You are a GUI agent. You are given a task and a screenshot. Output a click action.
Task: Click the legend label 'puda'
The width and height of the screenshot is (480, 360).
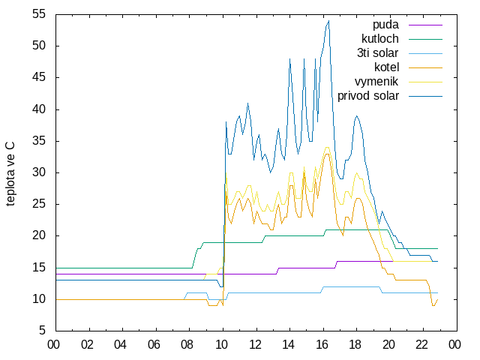[x=385, y=25]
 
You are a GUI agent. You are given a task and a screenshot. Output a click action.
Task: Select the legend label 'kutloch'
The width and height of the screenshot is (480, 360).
[x=380, y=39]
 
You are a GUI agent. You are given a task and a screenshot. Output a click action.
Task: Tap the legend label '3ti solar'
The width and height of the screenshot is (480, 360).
[x=377, y=53]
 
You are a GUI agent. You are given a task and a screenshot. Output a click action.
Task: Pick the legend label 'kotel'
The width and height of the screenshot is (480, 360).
[x=387, y=67]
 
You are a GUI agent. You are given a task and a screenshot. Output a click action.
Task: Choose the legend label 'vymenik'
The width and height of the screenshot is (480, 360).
[x=376, y=82]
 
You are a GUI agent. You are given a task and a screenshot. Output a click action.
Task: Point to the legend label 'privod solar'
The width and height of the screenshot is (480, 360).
[x=368, y=96]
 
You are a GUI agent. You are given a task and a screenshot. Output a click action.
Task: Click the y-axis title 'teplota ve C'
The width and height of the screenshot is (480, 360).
[x=10, y=174]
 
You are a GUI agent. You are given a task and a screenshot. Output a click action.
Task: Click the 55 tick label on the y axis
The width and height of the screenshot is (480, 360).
[x=39, y=14]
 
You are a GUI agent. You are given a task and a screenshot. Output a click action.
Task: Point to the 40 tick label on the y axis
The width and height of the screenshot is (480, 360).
[x=39, y=109]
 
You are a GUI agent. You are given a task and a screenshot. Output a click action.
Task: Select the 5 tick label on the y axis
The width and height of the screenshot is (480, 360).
[x=42, y=331]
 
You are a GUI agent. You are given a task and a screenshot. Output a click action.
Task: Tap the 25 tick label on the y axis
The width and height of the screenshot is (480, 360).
[x=39, y=204]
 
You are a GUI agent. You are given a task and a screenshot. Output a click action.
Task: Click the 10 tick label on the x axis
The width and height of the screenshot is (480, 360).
[x=221, y=345]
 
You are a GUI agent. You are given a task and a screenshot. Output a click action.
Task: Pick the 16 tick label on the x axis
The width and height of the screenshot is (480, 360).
[x=322, y=345]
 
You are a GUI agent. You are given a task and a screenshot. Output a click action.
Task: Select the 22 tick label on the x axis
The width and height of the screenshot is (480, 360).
[x=421, y=345]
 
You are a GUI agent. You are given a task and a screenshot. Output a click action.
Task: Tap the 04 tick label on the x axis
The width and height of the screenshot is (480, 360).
[x=120, y=345]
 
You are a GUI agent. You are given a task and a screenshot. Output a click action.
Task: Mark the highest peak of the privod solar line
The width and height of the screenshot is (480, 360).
[x=328, y=20]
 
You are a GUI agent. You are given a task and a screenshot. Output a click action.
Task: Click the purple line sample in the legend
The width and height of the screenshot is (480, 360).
[x=425, y=25]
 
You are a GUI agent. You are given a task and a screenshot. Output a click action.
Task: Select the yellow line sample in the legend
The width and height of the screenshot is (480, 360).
[x=425, y=82]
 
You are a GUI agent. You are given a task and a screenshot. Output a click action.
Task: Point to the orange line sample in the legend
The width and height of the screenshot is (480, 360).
[x=425, y=67]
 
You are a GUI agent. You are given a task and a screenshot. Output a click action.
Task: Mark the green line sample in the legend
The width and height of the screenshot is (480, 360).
[x=425, y=40]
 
